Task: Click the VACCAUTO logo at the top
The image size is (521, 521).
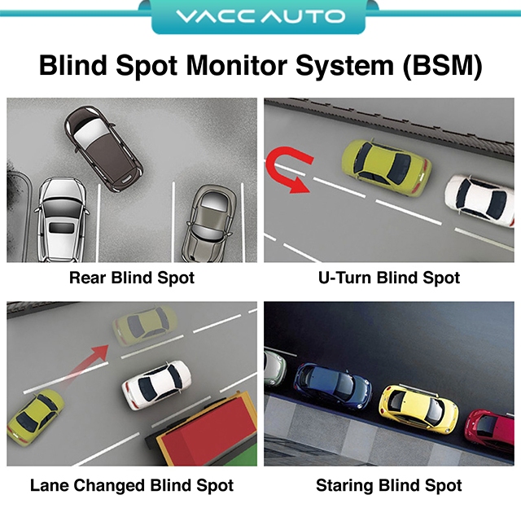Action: point(260,16)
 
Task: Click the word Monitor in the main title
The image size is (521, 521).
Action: point(236,65)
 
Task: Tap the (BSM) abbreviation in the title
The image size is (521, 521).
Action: point(442,66)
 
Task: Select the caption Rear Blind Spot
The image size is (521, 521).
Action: point(132,278)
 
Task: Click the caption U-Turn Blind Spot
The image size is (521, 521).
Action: point(389,278)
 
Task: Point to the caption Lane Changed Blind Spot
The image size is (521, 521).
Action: point(132,485)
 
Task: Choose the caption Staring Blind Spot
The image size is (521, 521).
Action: point(389,485)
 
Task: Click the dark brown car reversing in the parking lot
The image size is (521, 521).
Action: point(103,148)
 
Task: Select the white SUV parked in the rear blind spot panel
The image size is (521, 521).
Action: point(62,220)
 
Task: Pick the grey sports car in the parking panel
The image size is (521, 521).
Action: point(210,223)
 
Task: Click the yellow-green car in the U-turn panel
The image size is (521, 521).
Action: point(387,167)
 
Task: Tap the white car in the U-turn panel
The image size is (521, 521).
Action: point(480,201)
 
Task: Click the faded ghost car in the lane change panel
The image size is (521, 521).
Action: point(144,326)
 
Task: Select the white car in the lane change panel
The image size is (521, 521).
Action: point(156,384)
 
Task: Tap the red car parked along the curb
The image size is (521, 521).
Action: point(490,431)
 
